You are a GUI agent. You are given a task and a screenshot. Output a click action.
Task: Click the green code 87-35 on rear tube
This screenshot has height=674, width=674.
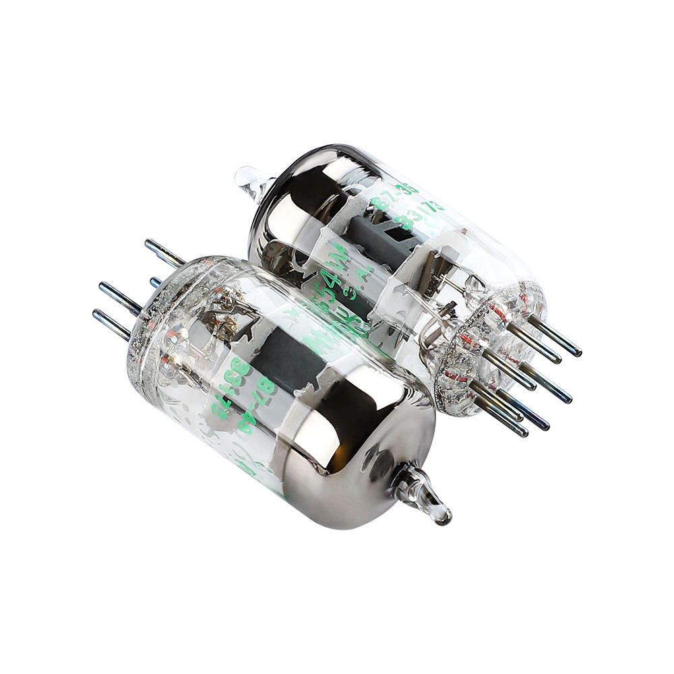point(394,195)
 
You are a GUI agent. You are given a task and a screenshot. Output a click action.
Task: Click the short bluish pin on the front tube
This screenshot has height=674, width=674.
point(156,281)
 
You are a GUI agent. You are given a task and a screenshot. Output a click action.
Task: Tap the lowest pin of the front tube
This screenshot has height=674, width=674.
point(112,323)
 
